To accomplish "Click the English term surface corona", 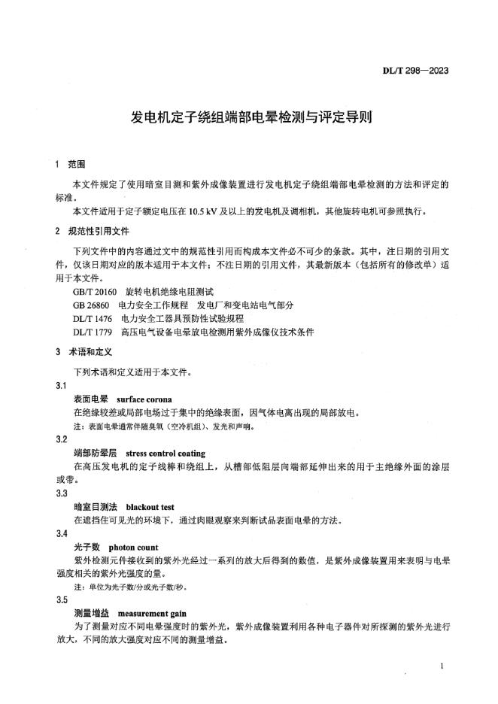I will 145,399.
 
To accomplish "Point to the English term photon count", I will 133,548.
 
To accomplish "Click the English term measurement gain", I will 152,614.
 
